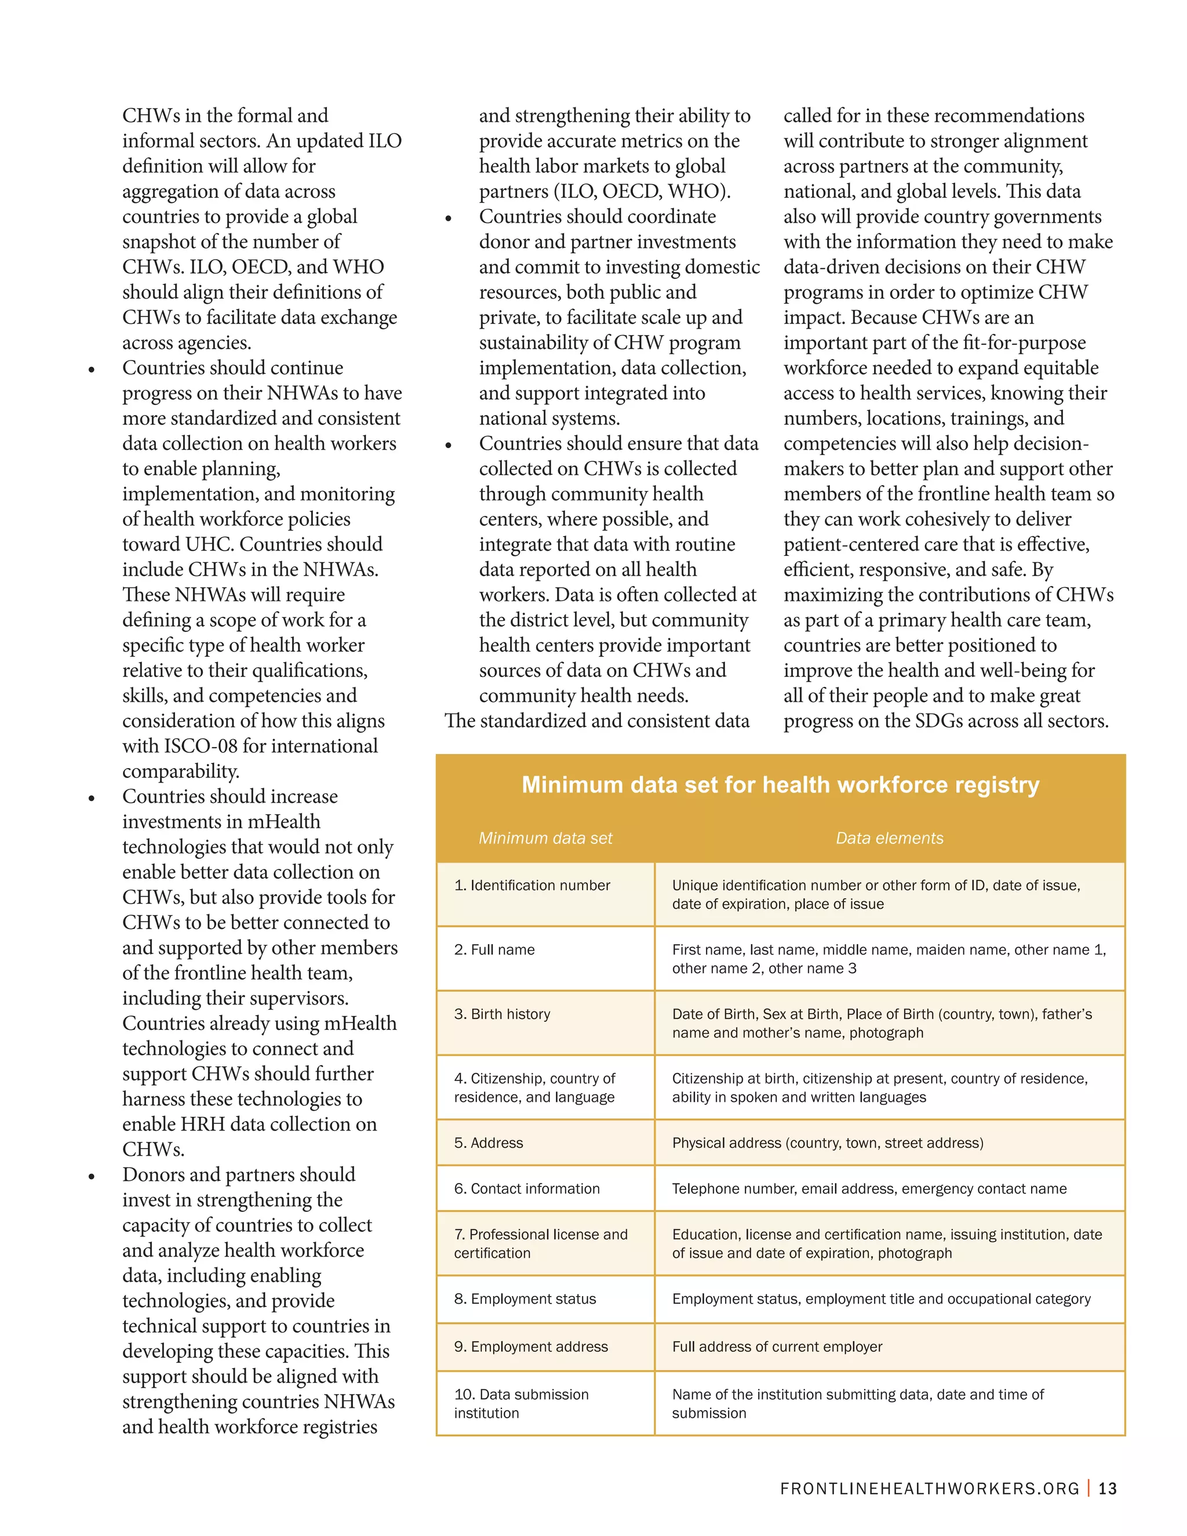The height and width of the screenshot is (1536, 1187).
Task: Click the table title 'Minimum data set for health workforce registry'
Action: tap(780, 785)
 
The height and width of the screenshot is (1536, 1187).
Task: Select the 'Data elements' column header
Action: tap(889, 838)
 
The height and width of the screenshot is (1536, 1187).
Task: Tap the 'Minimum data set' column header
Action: tap(545, 838)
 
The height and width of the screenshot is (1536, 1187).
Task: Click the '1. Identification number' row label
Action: tap(531, 886)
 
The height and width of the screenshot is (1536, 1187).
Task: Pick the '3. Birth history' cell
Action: tap(502, 1014)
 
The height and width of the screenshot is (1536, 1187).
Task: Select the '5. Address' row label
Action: tap(488, 1143)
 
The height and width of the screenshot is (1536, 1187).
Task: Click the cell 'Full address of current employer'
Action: tap(777, 1347)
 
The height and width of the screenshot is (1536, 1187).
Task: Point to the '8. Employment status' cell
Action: tap(525, 1299)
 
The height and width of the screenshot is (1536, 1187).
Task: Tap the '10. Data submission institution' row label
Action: tap(521, 1403)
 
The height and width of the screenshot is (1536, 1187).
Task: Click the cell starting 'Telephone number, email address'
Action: tap(869, 1189)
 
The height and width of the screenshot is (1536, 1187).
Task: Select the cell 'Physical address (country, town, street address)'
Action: tap(828, 1143)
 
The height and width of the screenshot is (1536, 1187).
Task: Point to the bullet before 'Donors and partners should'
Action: tap(92, 1177)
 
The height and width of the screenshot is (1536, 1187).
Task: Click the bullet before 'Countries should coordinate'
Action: tap(448, 219)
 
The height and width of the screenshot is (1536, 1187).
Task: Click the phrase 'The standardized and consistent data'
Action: tap(596, 721)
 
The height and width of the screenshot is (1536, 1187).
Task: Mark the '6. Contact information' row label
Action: tap(527, 1189)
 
